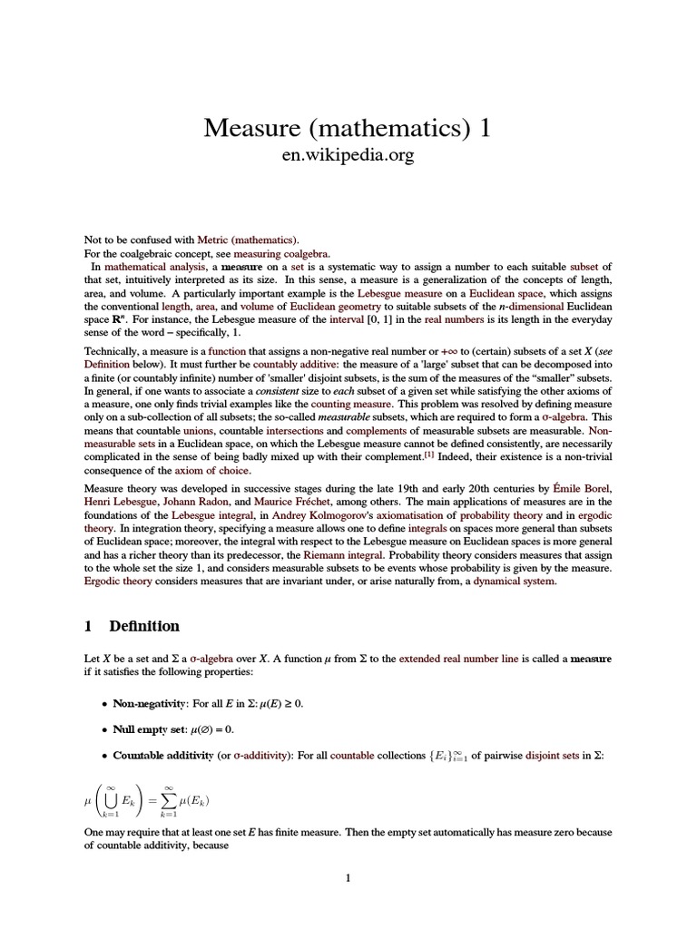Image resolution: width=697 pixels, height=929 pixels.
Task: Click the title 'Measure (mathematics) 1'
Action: [x=348, y=128]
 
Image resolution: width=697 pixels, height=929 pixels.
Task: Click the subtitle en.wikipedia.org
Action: [x=348, y=156]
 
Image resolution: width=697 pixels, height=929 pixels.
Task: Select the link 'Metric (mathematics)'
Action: [x=258, y=240]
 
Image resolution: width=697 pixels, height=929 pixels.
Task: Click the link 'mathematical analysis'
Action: [x=146, y=267]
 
